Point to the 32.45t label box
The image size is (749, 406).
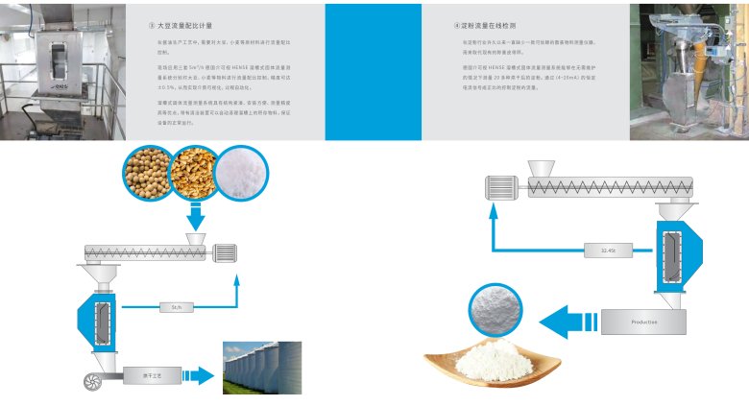click(607, 251)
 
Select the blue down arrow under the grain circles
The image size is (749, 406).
click(198, 222)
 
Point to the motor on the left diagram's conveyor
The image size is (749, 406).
click(224, 251)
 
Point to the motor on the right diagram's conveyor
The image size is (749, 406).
click(504, 188)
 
